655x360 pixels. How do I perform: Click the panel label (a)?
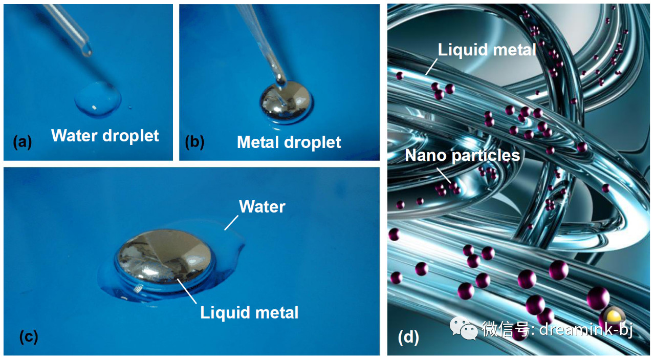[22, 142]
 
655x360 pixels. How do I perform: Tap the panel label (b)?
[195, 142]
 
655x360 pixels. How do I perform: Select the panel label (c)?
[29, 336]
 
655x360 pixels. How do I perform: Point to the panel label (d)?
[408, 337]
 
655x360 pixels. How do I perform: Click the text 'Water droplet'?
[105, 136]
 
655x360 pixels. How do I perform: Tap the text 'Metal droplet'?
[289, 142]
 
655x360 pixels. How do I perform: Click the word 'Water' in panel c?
[262, 207]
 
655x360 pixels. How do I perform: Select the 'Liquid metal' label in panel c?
[249, 312]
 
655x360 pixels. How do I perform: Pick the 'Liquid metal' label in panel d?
[487, 50]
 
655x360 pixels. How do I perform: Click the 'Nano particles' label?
[462, 155]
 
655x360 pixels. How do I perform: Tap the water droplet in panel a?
[98, 99]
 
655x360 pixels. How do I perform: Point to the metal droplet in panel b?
[286, 102]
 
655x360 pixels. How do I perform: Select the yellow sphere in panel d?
[615, 316]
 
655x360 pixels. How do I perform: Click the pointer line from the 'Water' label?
[231, 223]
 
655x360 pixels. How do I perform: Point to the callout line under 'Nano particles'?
[444, 176]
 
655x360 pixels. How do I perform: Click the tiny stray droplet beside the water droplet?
[130, 108]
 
